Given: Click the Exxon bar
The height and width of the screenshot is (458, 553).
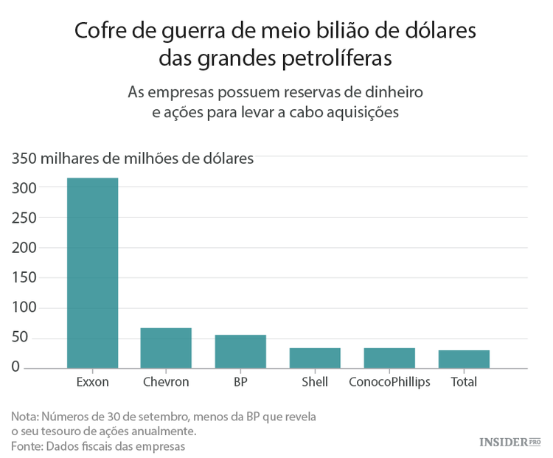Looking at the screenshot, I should (x=92, y=272).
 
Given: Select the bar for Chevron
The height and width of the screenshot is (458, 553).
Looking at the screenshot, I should (x=166, y=347).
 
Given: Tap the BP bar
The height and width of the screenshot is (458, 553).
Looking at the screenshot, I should (x=240, y=351).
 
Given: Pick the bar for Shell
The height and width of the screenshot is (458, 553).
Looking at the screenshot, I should (x=315, y=358).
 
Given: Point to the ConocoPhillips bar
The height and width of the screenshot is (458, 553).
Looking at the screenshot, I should (x=389, y=358).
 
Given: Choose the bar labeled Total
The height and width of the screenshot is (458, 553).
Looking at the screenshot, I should (x=464, y=358).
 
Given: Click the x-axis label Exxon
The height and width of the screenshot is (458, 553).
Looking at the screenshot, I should (x=92, y=382).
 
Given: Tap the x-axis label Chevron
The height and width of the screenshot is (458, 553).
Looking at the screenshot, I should (x=166, y=382).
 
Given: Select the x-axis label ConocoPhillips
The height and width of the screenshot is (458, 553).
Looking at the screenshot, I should (x=389, y=382).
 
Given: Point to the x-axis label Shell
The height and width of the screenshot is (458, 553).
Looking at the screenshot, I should (x=315, y=382).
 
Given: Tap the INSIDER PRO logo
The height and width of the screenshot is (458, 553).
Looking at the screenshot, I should (x=509, y=441).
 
